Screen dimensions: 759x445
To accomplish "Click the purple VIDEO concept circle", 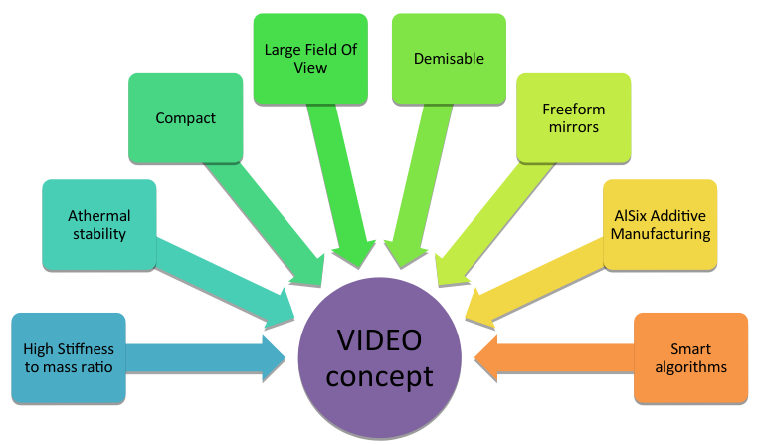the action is pos(380,358).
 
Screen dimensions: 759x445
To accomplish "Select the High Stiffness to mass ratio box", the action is pos(69,357).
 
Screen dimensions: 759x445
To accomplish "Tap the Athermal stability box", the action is pos(99,225).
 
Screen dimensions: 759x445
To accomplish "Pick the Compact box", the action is pos(185,118).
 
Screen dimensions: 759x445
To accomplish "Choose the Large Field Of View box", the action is pos(310,59).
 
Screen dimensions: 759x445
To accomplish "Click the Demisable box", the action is pos(449,59).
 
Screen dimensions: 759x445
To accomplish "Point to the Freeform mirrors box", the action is pos(574,118).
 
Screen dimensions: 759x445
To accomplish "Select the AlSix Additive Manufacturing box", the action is pos(661,225).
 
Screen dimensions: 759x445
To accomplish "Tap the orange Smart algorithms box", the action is pos(690,357).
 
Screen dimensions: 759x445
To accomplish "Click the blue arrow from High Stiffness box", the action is pos(206,358).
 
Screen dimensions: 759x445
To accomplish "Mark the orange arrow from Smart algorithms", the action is pos(554,358).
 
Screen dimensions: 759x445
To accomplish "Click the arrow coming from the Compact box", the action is pos(265,224).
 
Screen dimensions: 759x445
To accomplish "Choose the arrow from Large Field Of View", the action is pos(340,186).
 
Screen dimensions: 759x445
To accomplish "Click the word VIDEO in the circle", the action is pos(380,339).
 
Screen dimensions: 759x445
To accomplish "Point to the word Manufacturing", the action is pos(661,234).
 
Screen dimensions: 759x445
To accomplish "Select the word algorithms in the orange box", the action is pos(690,367).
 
